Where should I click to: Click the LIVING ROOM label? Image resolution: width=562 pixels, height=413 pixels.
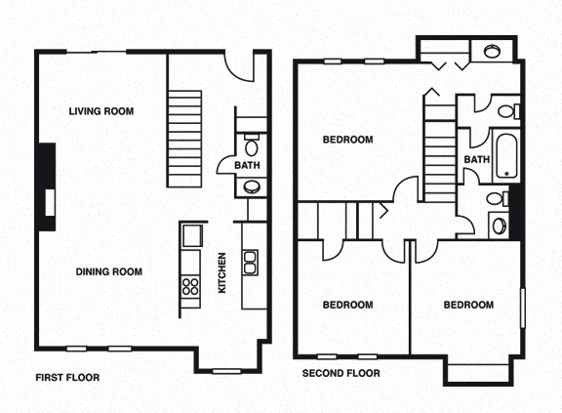[x=100, y=111]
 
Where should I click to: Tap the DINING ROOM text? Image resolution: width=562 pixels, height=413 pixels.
[x=109, y=271]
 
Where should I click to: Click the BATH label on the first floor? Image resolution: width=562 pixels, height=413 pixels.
[x=247, y=166]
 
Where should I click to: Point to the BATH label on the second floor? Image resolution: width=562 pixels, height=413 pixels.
[x=476, y=160]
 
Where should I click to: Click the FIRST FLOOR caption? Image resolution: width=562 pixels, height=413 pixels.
[x=67, y=377]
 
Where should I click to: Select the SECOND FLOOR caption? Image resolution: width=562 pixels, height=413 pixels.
[x=341, y=374]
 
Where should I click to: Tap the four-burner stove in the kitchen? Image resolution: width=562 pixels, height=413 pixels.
[x=189, y=285]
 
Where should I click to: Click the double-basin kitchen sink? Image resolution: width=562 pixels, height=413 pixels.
[x=250, y=262]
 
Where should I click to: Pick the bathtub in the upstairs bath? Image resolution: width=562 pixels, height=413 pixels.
[x=506, y=153]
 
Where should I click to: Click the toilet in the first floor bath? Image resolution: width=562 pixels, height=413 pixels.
[x=251, y=147]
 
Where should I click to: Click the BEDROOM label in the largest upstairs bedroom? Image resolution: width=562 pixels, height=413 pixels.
[x=347, y=140]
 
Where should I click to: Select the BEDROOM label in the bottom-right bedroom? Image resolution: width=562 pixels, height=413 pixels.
[x=468, y=305]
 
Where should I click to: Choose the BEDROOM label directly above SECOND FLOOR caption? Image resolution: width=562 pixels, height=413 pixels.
[x=347, y=305]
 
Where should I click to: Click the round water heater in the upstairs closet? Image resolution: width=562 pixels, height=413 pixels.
[x=490, y=50]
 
